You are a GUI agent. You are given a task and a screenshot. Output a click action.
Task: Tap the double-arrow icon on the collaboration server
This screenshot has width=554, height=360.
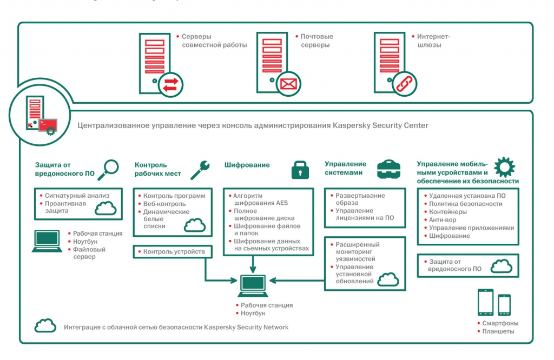pos(170,84)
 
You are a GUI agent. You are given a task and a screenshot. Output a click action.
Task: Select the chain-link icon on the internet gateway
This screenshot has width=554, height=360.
pos(404,84)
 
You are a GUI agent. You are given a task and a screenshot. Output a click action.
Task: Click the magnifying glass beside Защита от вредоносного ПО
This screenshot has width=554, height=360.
pos(111,167)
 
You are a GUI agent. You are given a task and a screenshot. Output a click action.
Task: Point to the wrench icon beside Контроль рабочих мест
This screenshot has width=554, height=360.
pos(200,167)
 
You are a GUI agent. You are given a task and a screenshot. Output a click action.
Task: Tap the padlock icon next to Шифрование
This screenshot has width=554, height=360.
pos(300,169)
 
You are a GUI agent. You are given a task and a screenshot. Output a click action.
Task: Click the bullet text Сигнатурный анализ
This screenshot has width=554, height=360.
pos(77,195)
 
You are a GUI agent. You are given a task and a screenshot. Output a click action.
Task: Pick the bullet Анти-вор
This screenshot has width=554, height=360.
pos(443,220)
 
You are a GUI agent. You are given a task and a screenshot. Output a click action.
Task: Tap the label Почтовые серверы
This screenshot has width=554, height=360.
pos(317,41)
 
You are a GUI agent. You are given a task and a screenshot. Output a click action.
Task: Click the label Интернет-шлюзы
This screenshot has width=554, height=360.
pos(433,41)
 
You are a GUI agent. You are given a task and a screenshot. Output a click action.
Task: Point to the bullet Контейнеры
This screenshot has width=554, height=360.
pos(448,212)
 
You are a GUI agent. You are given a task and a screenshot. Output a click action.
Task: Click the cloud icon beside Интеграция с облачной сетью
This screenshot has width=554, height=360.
pos(45,326)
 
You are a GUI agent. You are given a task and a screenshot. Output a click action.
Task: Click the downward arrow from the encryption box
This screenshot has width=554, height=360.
pos(253,264)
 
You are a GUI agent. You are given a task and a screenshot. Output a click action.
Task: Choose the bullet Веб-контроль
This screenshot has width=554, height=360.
pos(164,204)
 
